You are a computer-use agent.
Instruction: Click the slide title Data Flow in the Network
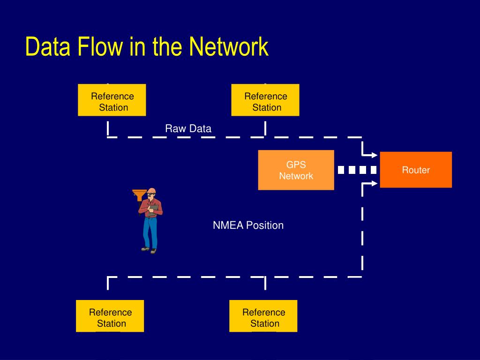[x=147, y=47]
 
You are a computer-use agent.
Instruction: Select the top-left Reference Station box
[x=112, y=100]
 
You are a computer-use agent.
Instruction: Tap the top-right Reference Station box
[x=265, y=100]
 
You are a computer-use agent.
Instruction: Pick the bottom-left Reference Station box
[x=110, y=316]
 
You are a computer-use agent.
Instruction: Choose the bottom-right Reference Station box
[x=263, y=316]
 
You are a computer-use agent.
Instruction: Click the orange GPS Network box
[x=296, y=170]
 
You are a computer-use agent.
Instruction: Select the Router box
[x=415, y=170]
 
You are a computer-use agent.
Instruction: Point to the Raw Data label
[x=188, y=128]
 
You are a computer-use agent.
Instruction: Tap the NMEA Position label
[x=248, y=225]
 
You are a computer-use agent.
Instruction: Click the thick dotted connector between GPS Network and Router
[x=357, y=170]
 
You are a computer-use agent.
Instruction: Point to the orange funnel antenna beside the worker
[x=139, y=194]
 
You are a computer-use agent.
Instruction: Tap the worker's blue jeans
[x=150, y=232]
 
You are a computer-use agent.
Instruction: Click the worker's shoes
[x=149, y=250]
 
